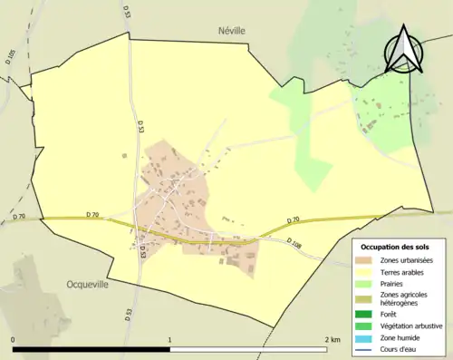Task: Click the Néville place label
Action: coord(232,30)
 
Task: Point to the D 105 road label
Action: coord(11,60)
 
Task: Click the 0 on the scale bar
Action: coord(14,339)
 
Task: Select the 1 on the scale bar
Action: coord(169,339)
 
